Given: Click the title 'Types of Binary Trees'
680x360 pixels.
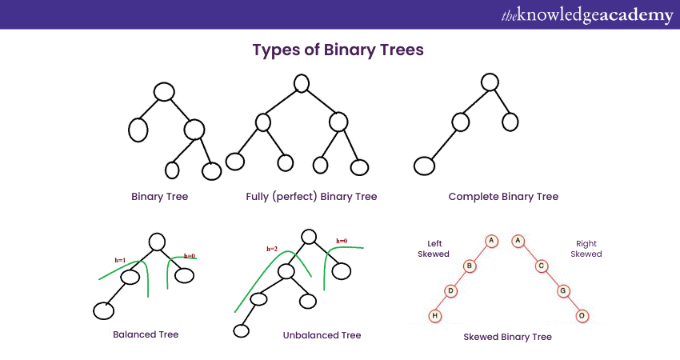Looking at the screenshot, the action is pyautogui.click(x=338, y=50).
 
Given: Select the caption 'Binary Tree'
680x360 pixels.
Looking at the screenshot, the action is pyautogui.click(x=160, y=196).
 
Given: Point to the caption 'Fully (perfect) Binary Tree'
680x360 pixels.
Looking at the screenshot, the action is pyautogui.click(x=311, y=196).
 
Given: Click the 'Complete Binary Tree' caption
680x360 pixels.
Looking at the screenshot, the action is pyautogui.click(x=503, y=196).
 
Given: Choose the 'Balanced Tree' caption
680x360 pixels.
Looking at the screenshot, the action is pyautogui.click(x=146, y=334).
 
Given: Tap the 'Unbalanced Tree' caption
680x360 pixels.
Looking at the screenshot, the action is pyautogui.click(x=322, y=335).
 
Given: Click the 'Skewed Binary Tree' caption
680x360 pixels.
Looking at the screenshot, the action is pyautogui.click(x=507, y=337).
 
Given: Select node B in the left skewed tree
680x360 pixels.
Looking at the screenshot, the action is pyautogui.click(x=470, y=266).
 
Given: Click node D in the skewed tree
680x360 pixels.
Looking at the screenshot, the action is pyautogui.click(x=451, y=290).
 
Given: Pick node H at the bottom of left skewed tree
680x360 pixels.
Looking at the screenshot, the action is pyautogui.click(x=434, y=315).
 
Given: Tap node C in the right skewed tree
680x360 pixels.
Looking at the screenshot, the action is pyautogui.click(x=541, y=266).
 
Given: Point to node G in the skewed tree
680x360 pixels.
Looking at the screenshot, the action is pyautogui.click(x=563, y=290).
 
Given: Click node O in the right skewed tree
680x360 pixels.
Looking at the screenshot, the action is pyautogui.click(x=582, y=315).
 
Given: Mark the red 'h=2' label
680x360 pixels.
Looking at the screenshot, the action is pyautogui.click(x=272, y=249).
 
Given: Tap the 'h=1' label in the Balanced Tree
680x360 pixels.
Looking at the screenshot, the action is pyautogui.click(x=121, y=260).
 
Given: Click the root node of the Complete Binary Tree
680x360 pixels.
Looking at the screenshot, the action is pyautogui.click(x=490, y=82).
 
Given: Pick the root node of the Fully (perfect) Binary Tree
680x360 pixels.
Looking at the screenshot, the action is pyautogui.click(x=302, y=82).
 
